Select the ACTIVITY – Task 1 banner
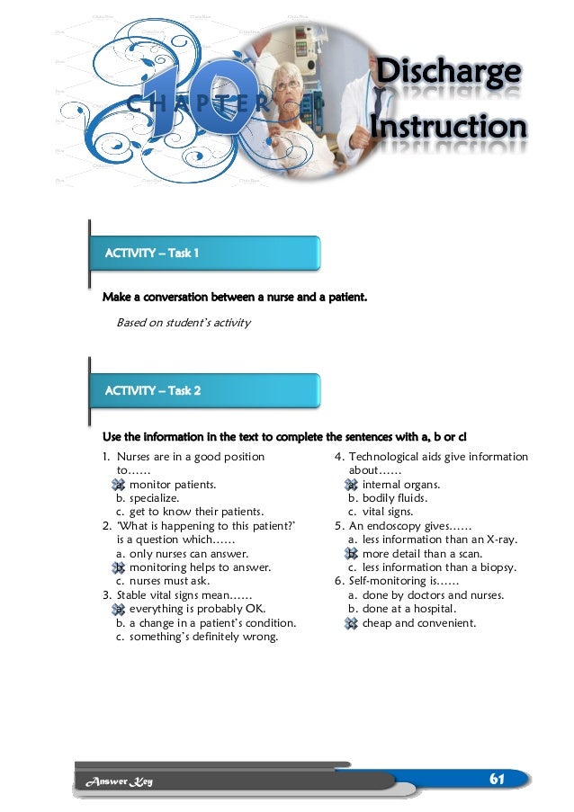206,253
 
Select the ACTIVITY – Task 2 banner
206,390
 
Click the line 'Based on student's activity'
184,322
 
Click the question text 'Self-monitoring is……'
396,582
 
